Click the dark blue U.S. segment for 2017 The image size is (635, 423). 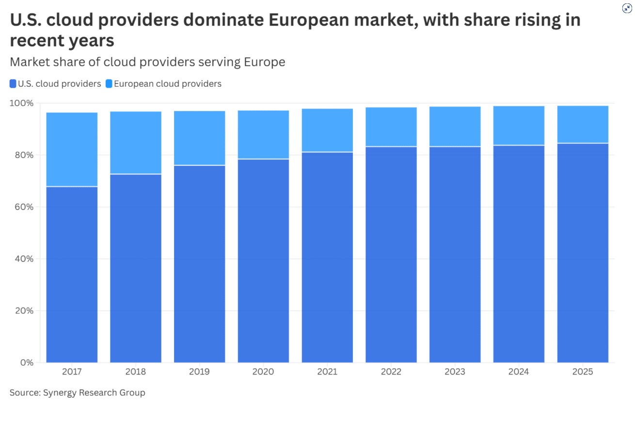(72, 274)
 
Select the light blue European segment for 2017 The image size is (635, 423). (72, 149)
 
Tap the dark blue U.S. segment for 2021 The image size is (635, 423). (327, 257)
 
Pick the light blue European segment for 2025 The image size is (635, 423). (583, 124)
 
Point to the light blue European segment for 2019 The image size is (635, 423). (199, 138)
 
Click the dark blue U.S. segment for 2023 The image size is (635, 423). (455, 254)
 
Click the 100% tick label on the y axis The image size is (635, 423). (22, 103)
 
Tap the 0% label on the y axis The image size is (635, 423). (26, 362)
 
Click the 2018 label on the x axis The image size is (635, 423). (136, 372)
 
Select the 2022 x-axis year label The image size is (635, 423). (391, 372)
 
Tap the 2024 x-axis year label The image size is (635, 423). (519, 372)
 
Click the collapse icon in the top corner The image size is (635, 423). (627, 8)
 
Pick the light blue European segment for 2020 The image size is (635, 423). (263, 134)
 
